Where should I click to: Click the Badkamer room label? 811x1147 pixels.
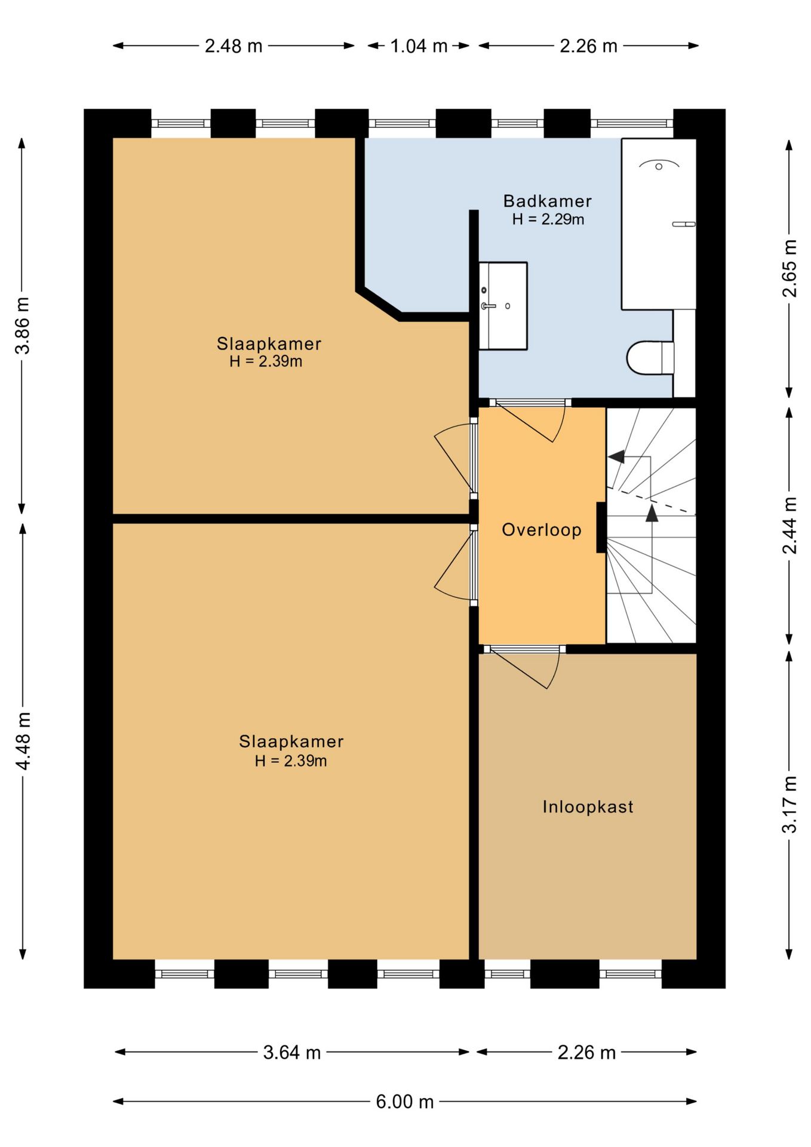point(547,201)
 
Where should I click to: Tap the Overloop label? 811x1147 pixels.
point(542,530)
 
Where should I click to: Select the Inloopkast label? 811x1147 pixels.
point(588,807)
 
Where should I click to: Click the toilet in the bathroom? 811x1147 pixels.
point(650,358)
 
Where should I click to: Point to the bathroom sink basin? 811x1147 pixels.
point(503,306)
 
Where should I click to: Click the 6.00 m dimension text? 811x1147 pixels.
point(404,1102)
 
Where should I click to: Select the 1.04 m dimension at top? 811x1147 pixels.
point(419,46)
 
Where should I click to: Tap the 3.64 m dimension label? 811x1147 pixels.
point(292,1052)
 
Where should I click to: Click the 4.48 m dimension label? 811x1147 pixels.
point(23,741)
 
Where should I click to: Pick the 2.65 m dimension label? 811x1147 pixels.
point(790,268)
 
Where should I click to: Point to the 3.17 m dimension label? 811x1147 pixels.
point(790,804)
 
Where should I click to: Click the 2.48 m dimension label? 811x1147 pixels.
point(234,46)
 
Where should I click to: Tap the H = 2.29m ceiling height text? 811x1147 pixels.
point(548,219)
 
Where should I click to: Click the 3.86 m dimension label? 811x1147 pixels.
point(23,326)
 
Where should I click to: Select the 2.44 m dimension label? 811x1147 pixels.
point(790,525)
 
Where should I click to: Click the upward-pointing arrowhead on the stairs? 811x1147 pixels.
point(652,513)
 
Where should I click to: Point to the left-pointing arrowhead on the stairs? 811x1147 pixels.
point(616,456)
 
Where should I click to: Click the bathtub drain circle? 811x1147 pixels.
point(659,167)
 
